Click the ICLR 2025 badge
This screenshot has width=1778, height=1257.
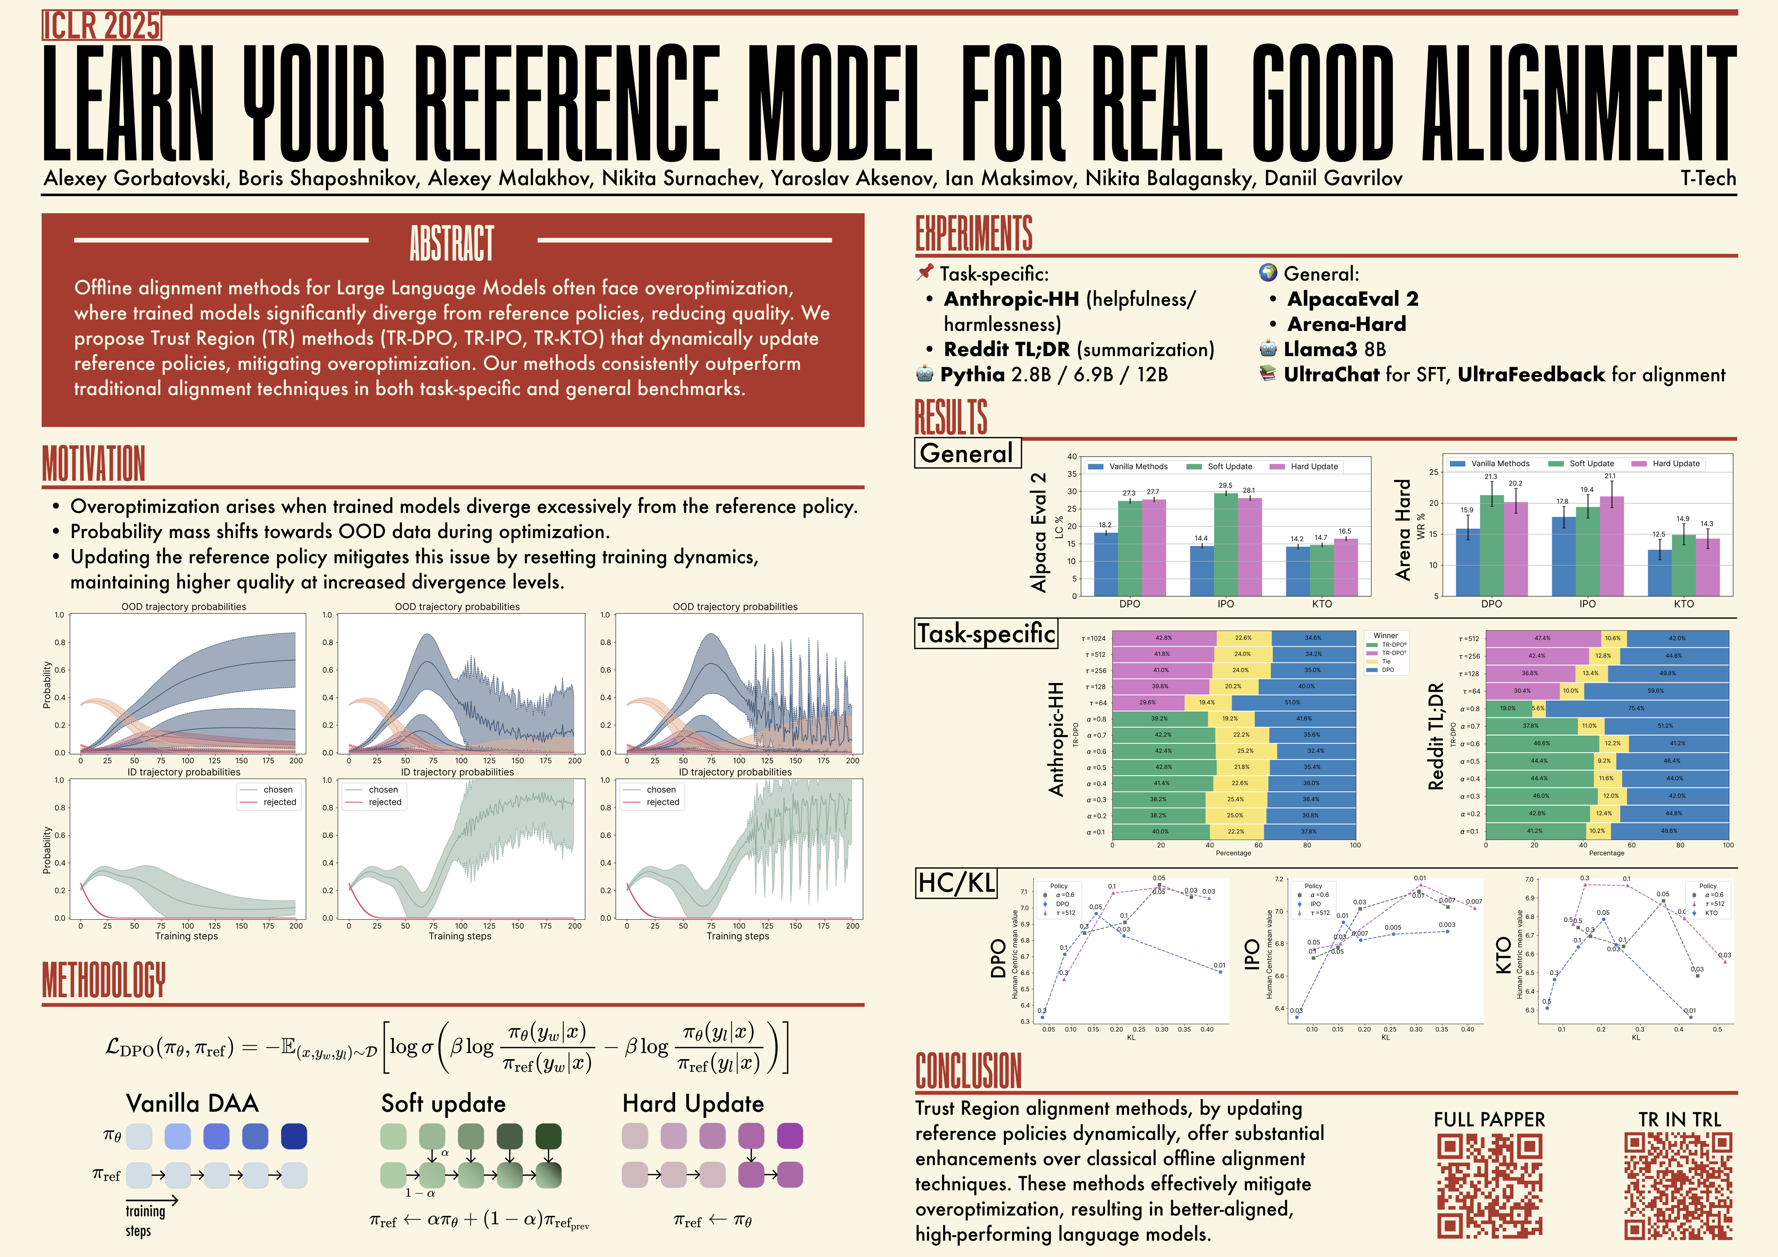(101, 26)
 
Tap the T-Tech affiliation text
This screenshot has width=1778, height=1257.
(1708, 179)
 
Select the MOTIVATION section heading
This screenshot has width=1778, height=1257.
(94, 463)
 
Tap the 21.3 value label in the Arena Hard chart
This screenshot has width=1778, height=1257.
(1491, 477)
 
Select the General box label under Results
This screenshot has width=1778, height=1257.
(967, 453)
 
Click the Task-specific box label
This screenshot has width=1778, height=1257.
(986, 633)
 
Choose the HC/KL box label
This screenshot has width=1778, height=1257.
(956, 883)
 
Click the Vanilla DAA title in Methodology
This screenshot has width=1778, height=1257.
(192, 1103)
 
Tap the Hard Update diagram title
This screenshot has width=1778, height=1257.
(693, 1103)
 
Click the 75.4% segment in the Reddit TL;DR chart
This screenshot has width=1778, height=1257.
(1636, 708)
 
